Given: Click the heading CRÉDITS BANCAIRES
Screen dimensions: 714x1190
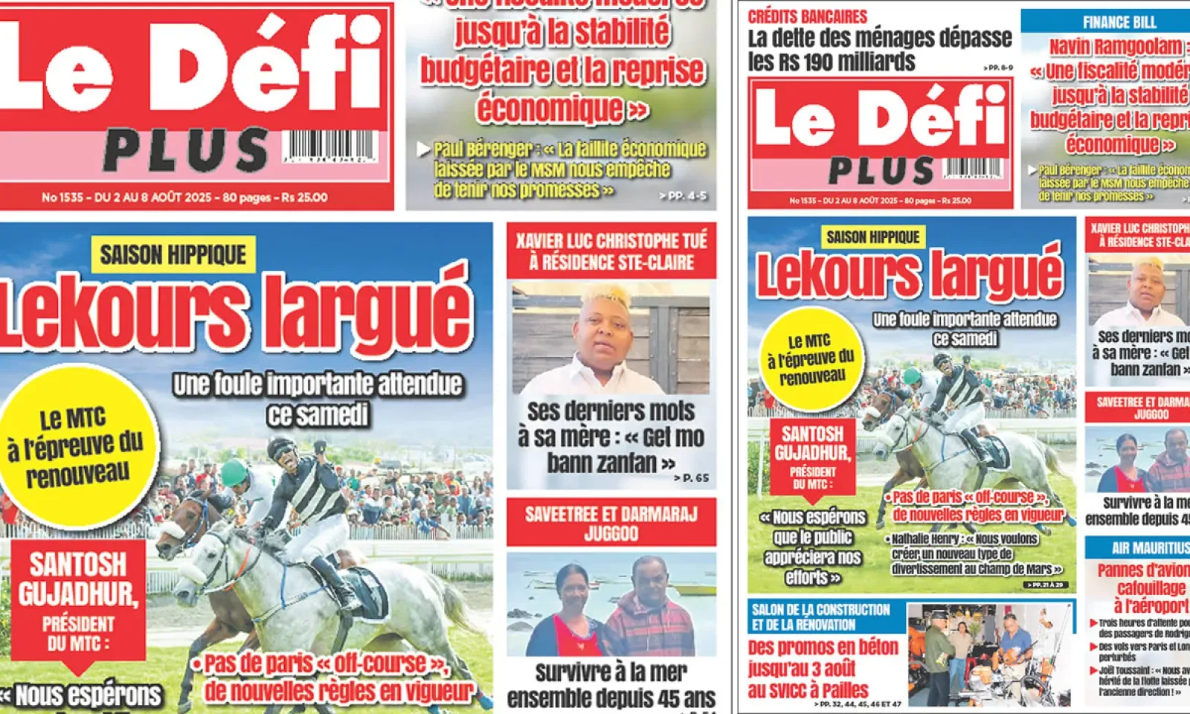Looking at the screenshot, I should pos(807,16).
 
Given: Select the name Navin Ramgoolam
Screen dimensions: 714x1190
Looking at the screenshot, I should pos(1105,47).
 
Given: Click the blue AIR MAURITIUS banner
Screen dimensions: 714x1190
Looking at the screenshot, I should pos(1138,548).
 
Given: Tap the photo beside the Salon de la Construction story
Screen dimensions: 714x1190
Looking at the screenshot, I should pos(990,654).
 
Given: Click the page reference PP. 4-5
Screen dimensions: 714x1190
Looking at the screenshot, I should pos(683,196).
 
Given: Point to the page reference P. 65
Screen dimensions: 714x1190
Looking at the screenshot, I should pos(691,478).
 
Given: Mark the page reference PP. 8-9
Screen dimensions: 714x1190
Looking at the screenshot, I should pos(997,68).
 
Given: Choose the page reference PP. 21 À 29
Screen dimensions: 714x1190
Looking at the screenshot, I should pos(1046,585).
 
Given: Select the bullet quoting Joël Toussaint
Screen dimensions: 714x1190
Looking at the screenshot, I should pos(1142,681).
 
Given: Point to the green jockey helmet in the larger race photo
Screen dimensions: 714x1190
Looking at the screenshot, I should pos(234,472).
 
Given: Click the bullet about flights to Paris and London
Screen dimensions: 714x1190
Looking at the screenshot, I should pos(1142,652).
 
